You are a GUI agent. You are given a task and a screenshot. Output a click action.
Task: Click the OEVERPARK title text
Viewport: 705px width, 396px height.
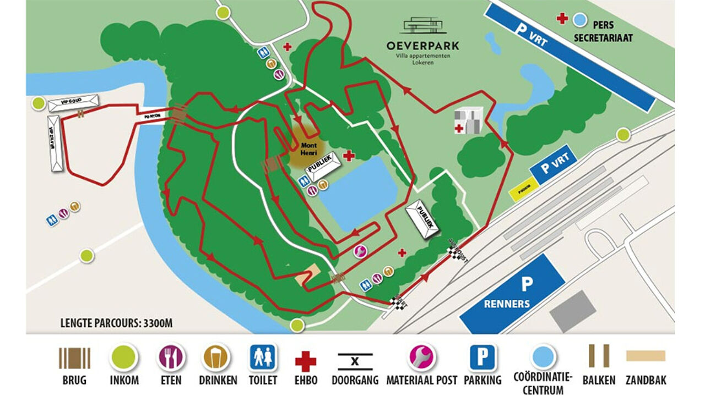(422, 46)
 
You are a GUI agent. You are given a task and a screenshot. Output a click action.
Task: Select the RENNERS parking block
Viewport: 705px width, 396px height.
(511, 294)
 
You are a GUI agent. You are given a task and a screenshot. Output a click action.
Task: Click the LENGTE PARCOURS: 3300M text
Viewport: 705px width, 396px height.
(116, 323)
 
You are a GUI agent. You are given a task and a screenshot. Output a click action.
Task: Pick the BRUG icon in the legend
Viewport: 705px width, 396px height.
(74, 358)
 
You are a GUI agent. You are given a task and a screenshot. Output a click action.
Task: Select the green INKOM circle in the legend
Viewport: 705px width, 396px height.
(124, 358)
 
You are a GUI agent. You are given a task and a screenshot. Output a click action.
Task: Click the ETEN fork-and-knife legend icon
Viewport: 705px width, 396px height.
(171, 358)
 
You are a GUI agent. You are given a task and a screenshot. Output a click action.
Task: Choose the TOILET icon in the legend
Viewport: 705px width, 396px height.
(263, 358)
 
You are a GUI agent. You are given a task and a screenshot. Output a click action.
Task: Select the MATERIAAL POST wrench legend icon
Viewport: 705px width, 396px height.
(421, 358)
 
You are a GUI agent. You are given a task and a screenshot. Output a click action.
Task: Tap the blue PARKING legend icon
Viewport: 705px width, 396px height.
(482, 358)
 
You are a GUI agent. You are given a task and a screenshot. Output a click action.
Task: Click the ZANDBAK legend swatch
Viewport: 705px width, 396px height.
(646, 356)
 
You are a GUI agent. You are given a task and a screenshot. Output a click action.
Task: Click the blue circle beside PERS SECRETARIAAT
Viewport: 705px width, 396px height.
(579, 20)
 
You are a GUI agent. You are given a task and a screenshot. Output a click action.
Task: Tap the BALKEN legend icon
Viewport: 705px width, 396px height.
(598, 356)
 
